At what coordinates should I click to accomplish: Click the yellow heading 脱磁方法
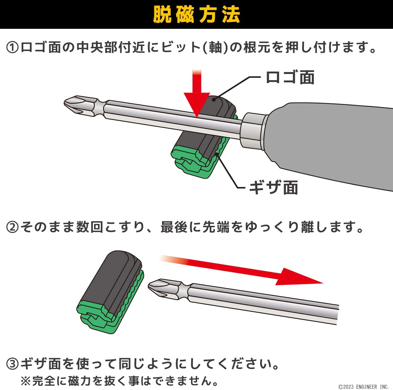click(x=196, y=15)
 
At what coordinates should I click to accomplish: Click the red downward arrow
click(x=197, y=93)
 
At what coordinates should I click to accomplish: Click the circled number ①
click(x=12, y=48)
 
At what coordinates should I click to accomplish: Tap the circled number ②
click(x=12, y=227)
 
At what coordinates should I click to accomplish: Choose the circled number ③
click(x=12, y=364)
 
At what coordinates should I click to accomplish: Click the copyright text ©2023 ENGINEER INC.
click(x=363, y=387)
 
